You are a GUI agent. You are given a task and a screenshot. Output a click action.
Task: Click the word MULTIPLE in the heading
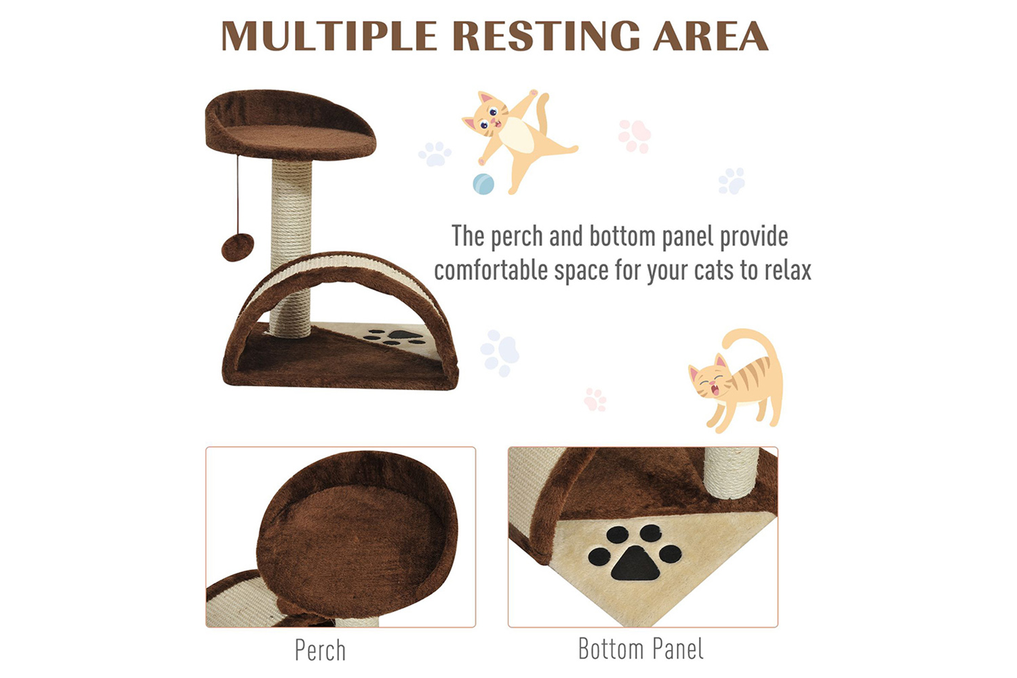pyautogui.click(x=329, y=36)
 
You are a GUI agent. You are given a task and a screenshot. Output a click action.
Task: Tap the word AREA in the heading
pyautogui.click(x=711, y=36)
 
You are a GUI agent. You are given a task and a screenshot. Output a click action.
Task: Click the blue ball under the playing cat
pyautogui.click(x=483, y=184)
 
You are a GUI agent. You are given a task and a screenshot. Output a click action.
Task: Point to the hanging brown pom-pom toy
pyautogui.click(x=238, y=247)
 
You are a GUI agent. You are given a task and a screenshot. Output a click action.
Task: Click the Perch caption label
pyautogui.click(x=320, y=650)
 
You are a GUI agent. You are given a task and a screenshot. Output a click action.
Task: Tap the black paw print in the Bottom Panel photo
pyautogui.click(x=635, y=553)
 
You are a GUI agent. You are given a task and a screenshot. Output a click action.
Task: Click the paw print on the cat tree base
pyautogui.click(x=395, y=337)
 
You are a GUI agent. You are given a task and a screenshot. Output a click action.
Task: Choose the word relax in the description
pyautogui.click(x=788, y=271)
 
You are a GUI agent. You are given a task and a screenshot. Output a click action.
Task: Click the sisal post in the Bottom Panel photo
pyautogui.click(x=732, y=473)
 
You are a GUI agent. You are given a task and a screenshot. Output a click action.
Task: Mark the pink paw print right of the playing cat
pyautogui.click(x=634, y=136)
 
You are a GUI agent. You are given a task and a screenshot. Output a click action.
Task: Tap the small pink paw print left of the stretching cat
pyautogui.click(x=595, y=399)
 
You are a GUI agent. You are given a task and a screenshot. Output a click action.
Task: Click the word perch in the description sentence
pyautogui.click(x=517, y=237)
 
